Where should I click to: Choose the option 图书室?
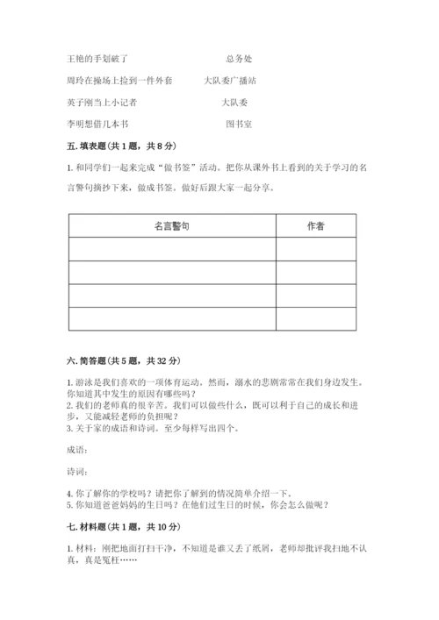[x=239, y=124]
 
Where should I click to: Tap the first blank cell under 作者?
[x=315, y=249]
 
